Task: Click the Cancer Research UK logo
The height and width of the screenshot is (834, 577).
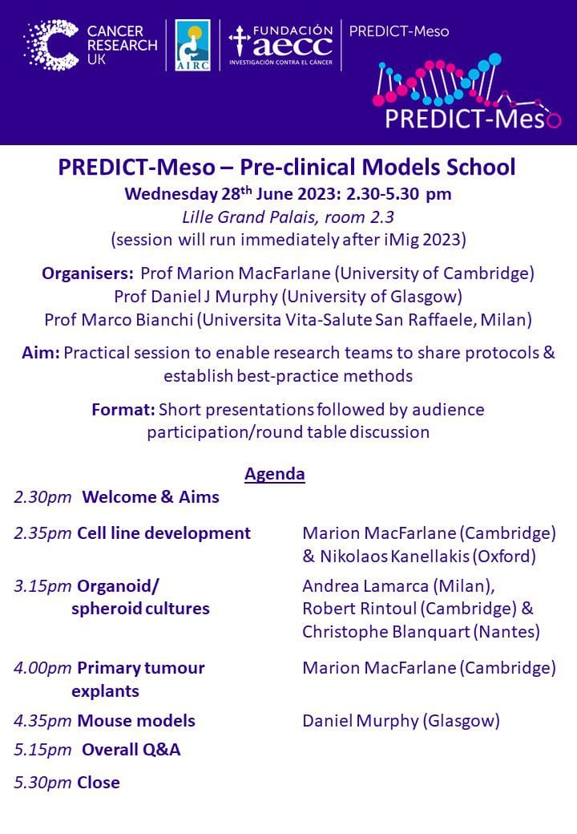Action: point(91,45)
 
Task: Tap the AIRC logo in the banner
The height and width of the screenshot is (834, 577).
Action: point(193,45)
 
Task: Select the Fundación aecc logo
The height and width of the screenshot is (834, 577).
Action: point(280,45)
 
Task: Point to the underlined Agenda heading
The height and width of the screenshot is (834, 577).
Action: point(275,473)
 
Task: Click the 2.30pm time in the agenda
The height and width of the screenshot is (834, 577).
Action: point(42,497)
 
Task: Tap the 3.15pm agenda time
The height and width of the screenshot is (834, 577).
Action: point(42,586)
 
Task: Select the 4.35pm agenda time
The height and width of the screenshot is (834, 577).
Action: point(42,721)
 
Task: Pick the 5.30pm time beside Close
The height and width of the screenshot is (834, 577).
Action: point(42,783)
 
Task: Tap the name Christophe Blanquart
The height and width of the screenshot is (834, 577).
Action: point(386,632)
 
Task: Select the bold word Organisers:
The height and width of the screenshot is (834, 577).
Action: point(87,273)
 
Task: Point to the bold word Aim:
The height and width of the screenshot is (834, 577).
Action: point(41,353)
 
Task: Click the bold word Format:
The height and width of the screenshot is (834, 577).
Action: point(123,410)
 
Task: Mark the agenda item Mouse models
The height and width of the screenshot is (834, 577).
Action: point(136,721)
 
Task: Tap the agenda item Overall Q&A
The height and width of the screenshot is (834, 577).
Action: point(131,750)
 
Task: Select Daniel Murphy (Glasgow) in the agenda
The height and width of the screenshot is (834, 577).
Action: point(401,721)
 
